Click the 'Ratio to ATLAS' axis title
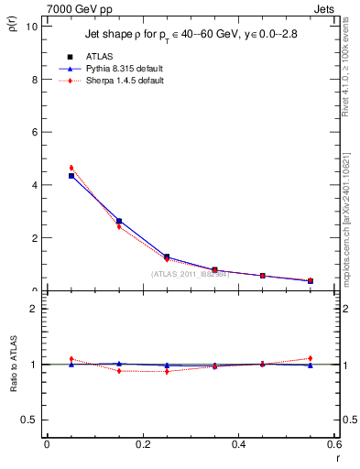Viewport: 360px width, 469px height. (x=15, y=365)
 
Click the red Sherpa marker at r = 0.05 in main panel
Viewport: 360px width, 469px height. (x=71, y=168)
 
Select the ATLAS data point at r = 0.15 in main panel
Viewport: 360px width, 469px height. (x=119, y=221)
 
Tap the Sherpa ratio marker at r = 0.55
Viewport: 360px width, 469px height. (x=311, y=358)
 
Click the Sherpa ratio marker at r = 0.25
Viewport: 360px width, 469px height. (x=167, y=371)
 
